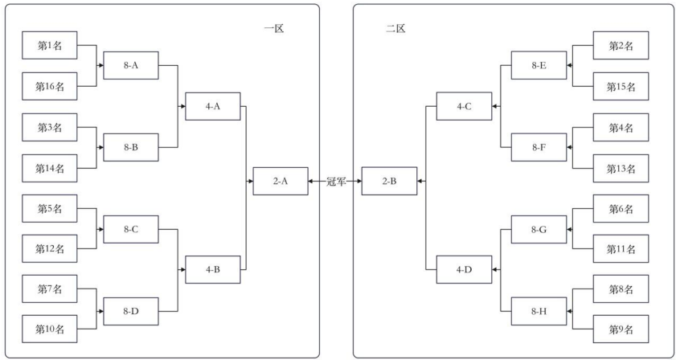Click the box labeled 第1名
coord(50,46)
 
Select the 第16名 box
coord(50,85)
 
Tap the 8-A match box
coord(131,66)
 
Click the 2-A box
coord(281,182)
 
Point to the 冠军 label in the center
coord(337,182)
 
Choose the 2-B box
coord(389,182)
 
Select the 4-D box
coord(465,269)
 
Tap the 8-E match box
coord(539,66)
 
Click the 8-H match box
coord(539,310)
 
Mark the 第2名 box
coord(621,46)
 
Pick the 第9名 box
coord(621,329)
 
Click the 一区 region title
coord(275,29)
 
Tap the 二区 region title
coord(395,29)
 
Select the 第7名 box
coord(50,289)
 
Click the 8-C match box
coord(131,229)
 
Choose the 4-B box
coord(213,269)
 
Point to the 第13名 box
coord(621,168)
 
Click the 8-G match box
coord(539,229)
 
